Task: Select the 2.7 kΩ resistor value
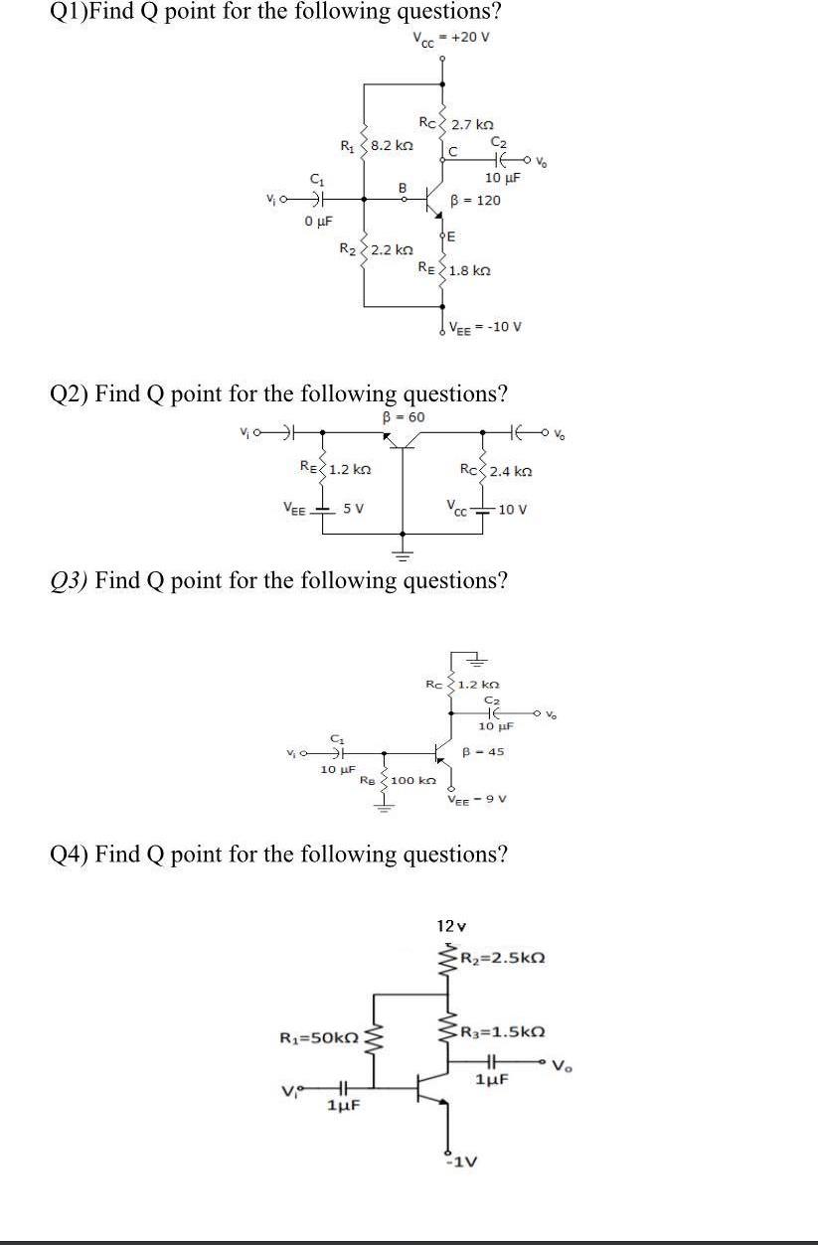click(x=472, y=125)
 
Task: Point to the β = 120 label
click(x=476, y=200)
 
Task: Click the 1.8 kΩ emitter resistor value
click(x=469, y=270)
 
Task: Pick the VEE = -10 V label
click(x=486, y=326)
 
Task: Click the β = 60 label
click(x=404, y=416)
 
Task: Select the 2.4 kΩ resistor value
click(x=510, y=470)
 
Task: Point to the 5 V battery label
click(x=353, y=510)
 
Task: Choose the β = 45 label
click(x=484, y=752)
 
